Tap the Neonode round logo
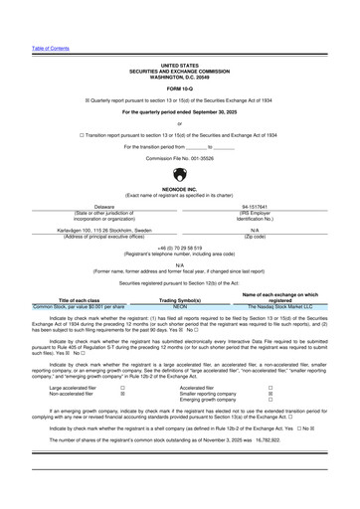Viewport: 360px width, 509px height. point(180,175)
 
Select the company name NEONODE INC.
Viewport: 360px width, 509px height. point(180,190)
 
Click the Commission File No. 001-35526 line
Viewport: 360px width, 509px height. point(180,158)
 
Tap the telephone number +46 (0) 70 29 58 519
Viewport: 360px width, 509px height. point(180,246)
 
